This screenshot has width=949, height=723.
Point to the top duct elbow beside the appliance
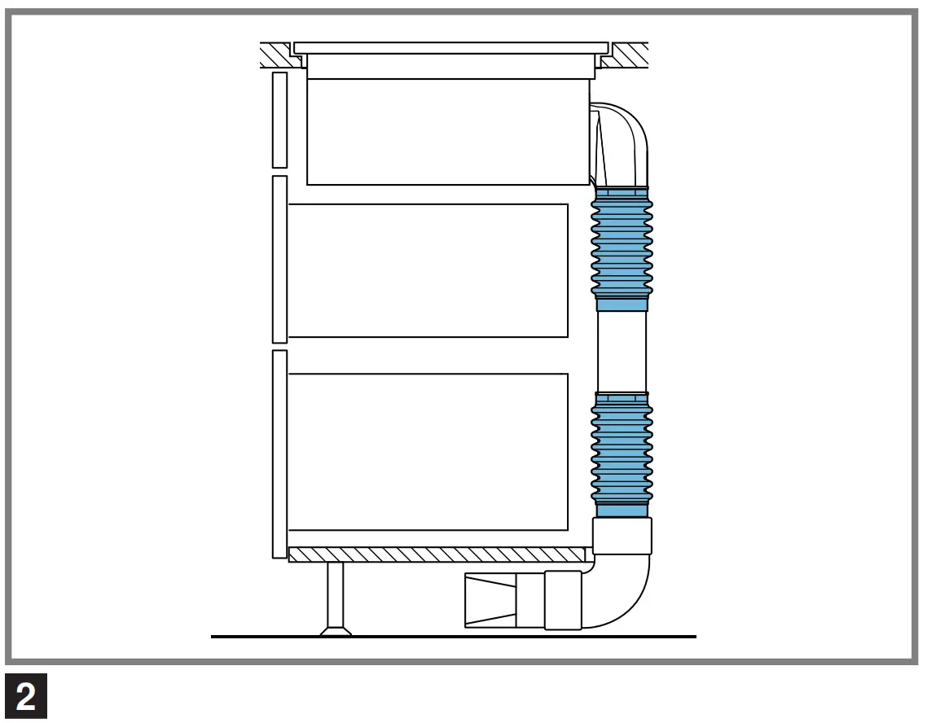point(627,138)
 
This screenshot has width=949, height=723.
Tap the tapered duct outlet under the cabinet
point(490,600)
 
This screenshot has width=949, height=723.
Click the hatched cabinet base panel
point(437,554)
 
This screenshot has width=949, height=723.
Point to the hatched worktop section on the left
point(275,55)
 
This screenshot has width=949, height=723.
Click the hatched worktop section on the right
point(627,55)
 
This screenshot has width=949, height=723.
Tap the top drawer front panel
point(279,120)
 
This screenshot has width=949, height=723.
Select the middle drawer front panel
point(279,259)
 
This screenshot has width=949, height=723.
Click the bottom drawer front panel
point(279,454)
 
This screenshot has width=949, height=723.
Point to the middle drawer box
point(428,270)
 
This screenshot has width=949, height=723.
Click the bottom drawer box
point(428,452)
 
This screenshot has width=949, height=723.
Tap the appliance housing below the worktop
point(448,130)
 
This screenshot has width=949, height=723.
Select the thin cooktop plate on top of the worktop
point(450,47)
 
